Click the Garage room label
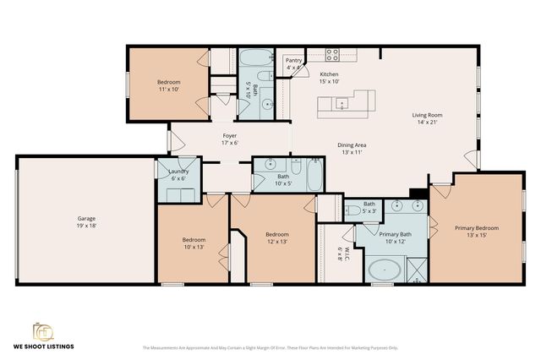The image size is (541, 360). coord(81,218)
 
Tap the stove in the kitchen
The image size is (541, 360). coord(333,55)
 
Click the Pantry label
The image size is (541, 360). coord(293,61)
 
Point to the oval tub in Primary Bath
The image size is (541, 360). coord(385,271)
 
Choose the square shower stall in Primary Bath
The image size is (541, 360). coord(417,271)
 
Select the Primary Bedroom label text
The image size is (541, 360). coord(477,228)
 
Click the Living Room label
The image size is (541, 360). coord(427,115)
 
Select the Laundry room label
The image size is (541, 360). coord(178,172)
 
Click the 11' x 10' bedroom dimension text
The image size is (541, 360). coord(168,89)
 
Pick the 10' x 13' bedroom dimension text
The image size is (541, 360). coord(194,247)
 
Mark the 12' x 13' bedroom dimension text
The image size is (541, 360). coord(276,241)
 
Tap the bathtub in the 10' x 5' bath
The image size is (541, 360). coord(313,176)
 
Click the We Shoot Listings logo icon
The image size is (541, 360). coord(41,330)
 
